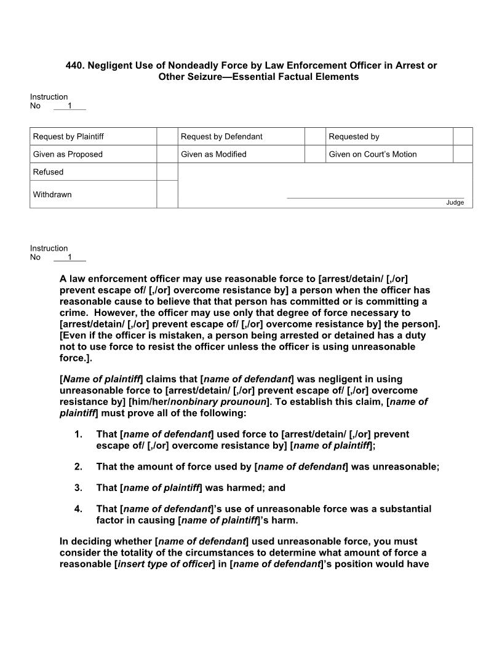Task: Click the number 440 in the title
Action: click(74, 65)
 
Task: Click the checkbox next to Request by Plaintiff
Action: click(167, 136)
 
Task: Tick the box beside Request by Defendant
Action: click(315, 136)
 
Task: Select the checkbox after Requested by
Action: click(463, 136)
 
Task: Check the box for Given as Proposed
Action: click(167, 154)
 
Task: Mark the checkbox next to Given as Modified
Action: click(315, 154)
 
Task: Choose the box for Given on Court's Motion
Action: click(463, 154)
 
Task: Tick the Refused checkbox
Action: click(167, 172)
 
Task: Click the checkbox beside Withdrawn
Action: click(167, 194)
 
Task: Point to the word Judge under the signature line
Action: click(455, 203)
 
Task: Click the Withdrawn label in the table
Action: click(52, 195)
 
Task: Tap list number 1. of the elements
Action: click(78, 435)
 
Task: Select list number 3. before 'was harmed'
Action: click(78, 488)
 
